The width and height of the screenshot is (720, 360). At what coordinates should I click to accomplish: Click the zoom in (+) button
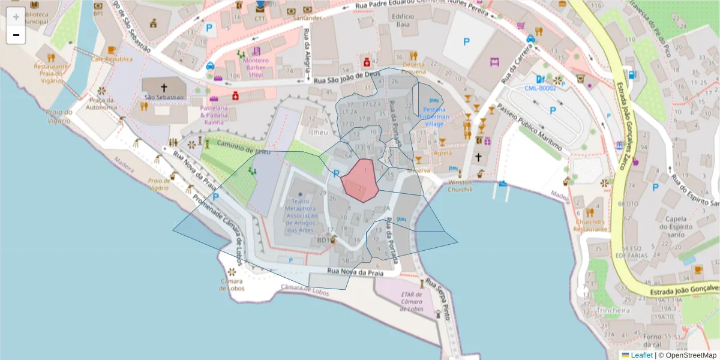[16, 17]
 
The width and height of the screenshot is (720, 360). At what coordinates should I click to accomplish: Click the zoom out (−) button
[16, 35]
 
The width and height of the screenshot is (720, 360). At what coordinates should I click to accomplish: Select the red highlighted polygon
[360, 179]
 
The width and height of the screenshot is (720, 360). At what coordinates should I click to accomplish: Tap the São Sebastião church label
[163, 97]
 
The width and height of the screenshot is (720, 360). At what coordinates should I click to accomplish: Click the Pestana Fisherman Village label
[434, 116]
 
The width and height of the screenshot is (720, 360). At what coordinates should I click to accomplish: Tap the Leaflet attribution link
[641, 355]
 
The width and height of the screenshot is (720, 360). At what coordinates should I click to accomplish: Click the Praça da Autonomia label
[101, 103]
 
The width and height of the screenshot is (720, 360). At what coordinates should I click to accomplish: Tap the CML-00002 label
[540, 88]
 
